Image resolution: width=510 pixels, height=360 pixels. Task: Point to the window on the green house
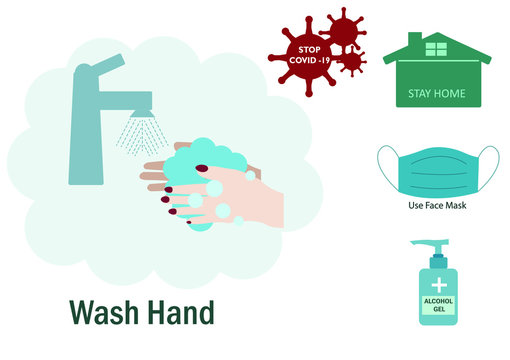435,48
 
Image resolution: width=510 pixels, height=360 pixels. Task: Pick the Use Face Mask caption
436,206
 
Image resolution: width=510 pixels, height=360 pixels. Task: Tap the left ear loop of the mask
382,165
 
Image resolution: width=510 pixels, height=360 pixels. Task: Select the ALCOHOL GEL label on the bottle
437,304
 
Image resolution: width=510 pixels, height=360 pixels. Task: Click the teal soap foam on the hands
205,160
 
